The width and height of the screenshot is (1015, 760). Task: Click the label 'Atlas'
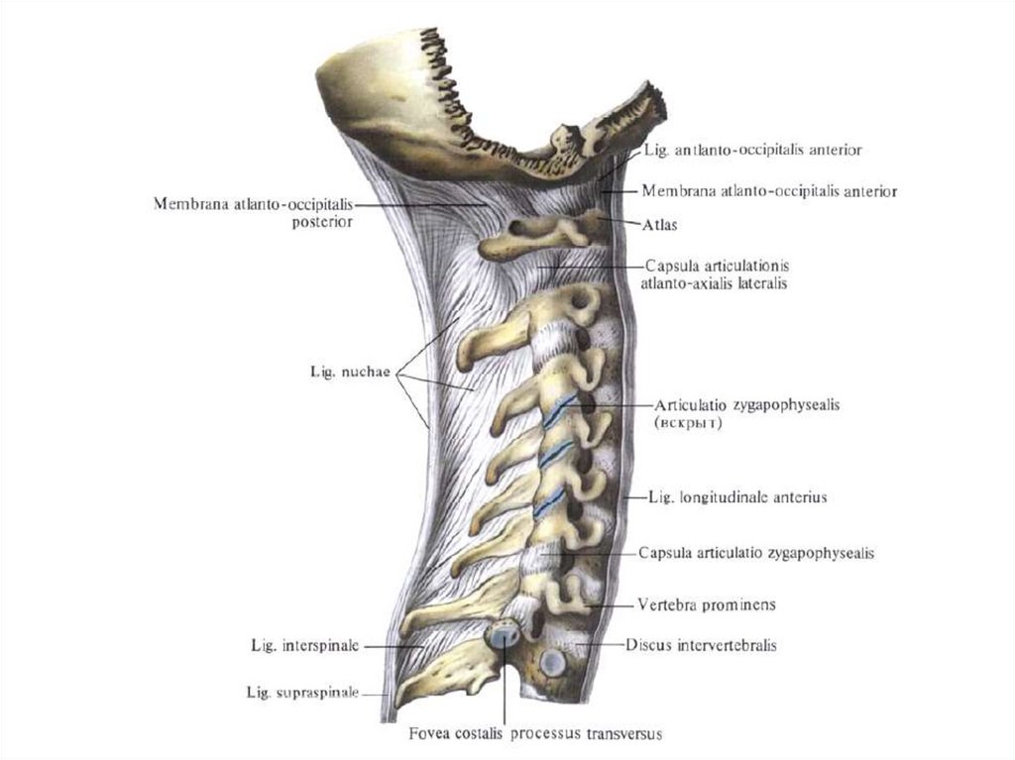coord(659,226)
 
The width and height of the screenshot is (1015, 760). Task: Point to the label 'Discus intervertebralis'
coord(701,645)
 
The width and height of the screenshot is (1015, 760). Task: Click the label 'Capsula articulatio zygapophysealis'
coord(756,553)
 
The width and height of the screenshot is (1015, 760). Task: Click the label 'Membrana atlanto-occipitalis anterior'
coord(769,191)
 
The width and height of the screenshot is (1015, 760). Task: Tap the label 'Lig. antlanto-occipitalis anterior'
coord(752,151)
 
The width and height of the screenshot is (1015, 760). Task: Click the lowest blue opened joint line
coord(544,502)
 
